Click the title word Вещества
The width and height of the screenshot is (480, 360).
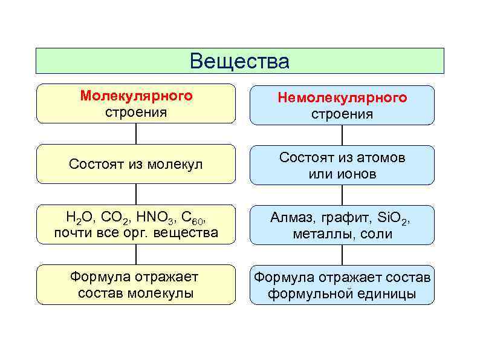tap(239, 61)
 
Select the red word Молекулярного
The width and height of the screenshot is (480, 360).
tap(137, 96)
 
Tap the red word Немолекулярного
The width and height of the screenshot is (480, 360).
tap(342, 97)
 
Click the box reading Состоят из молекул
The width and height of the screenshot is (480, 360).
tap(136, 164)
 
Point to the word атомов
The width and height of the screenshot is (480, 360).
tap(379, 157)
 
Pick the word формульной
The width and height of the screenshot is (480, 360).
tap(311, 295)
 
